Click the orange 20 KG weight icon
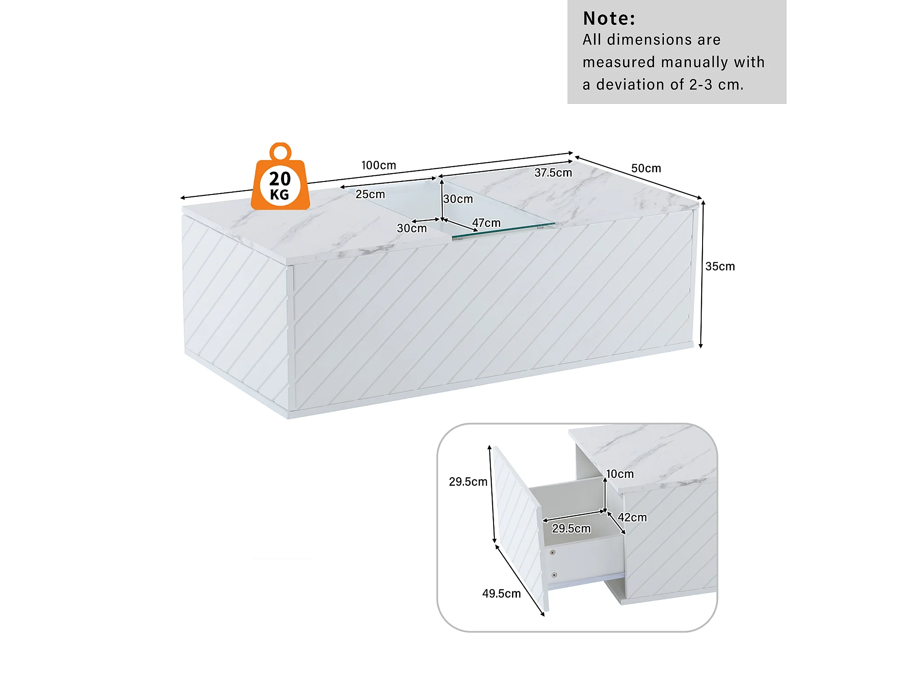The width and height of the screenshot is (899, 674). coord(280,184)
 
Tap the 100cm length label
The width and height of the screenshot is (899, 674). coord(378,165)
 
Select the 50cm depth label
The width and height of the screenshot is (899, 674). coord(646,168)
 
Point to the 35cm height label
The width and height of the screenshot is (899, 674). coord(720,266)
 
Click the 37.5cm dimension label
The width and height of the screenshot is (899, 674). coord(553,173)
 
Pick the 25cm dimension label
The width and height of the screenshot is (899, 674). coord(370,195)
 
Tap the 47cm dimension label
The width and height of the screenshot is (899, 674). coord(486,223)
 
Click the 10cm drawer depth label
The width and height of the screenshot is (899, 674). coord(619,474)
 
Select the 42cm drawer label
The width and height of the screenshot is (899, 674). coord(632,518)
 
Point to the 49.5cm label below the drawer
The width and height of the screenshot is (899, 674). coord(501,594)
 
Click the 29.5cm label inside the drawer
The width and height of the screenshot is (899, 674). coord(571,528)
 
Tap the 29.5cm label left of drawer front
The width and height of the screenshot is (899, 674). coord(468,482)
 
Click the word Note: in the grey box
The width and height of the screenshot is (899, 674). coord(609,19)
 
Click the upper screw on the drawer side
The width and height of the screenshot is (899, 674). coord(552,552)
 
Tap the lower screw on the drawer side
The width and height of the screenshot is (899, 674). coord(554,575)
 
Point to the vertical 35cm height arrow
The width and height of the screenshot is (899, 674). coord(702,274)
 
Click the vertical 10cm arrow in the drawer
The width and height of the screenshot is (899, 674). coord(605,494)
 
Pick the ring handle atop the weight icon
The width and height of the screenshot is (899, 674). coord(280,151)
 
